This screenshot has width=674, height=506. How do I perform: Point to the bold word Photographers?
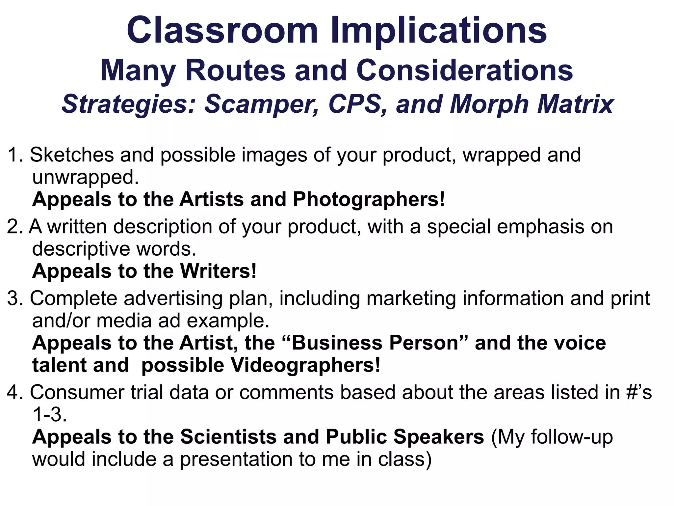(x=369, y=199)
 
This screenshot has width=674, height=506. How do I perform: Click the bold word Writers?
(x=218, y=271)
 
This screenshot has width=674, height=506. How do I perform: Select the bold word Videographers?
(x=305, y=365)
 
